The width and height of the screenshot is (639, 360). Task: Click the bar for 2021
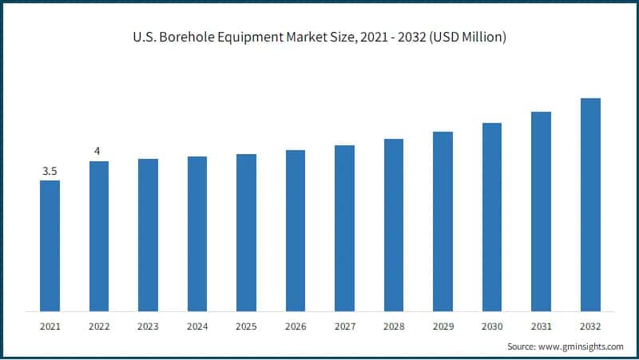pyautogui.click(x=50, y=245)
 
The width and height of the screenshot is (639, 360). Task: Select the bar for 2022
pyautogui.click(x=99, y=235)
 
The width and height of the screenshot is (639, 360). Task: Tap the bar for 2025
pyautogui.click(x=246, y=232)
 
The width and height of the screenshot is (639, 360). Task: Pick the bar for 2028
pyautogui.click(x=394, y=224)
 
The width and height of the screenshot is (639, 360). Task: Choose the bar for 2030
pyautogui.click(x=492, y=216)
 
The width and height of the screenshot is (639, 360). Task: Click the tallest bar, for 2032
pyautogui.click(x=590, y=204)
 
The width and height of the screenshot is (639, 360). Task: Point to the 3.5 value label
pyautogui.click(x=50, y=171)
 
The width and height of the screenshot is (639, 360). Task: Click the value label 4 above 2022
pyautogui.click(x=97, y=152)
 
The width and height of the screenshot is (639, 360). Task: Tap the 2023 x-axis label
pyautogui.click(x=148, y=326)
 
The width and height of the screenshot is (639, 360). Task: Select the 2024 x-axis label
pyautogui.click(x=197, y=326)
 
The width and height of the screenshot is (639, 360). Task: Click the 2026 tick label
pyautogui.click(x=296, y=326)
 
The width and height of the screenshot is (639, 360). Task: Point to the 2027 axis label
pyautogui.click(x=344, y=326)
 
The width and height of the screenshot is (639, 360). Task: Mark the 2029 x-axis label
pyautogui.click(x=443, y=326)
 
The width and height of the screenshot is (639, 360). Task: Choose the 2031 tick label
pyautogui.click(x=541, y=326)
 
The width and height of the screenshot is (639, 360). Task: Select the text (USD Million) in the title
pyautogui.click(x=465, y=38)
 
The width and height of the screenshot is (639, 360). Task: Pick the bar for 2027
pyautogui.click(x=344, y=227)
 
